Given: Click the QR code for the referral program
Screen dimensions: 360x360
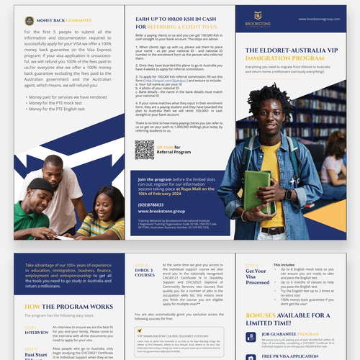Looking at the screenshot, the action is tap(145, 149).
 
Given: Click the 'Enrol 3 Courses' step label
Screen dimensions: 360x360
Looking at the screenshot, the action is tap(140, 270).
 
